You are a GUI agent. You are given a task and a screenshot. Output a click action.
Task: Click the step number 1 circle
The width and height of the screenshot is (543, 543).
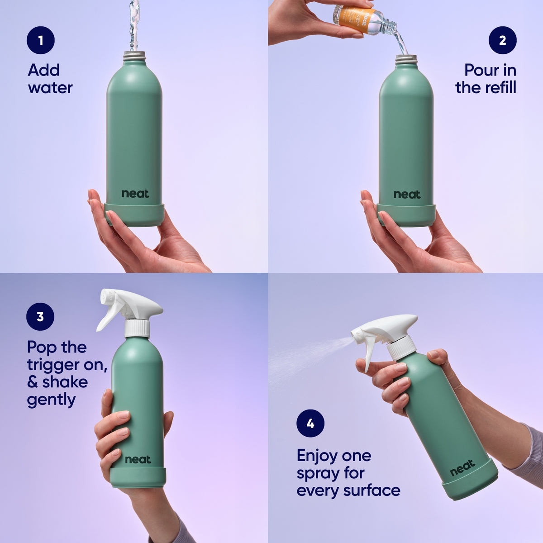click(x=40, y=40)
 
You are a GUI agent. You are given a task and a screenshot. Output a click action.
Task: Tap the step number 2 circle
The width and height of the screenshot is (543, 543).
click(x=502, y=40)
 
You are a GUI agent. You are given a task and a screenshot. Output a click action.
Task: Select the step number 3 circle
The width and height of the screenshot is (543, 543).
click(x=40, y=316)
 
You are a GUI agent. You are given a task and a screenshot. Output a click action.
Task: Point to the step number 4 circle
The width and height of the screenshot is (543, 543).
click(x=310, y=424)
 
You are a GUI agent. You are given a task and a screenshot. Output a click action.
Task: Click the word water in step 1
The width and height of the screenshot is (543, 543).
click(x=50, y=88)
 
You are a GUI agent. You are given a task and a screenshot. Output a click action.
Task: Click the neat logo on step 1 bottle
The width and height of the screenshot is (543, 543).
click(x=135, y=194)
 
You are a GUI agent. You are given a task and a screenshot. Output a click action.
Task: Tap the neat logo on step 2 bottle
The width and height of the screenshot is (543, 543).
click(x=407, y=195)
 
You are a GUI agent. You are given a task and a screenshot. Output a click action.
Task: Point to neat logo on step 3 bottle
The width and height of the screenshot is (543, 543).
click(x=138, y=460)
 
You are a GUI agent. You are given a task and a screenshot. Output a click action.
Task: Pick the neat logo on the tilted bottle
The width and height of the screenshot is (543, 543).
click(x=462, y=468)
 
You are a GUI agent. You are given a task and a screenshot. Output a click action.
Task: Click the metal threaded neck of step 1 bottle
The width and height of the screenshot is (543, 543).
click(x=135, y=56)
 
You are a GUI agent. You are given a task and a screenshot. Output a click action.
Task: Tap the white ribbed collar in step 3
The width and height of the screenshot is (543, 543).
click(x=137, y=328)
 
